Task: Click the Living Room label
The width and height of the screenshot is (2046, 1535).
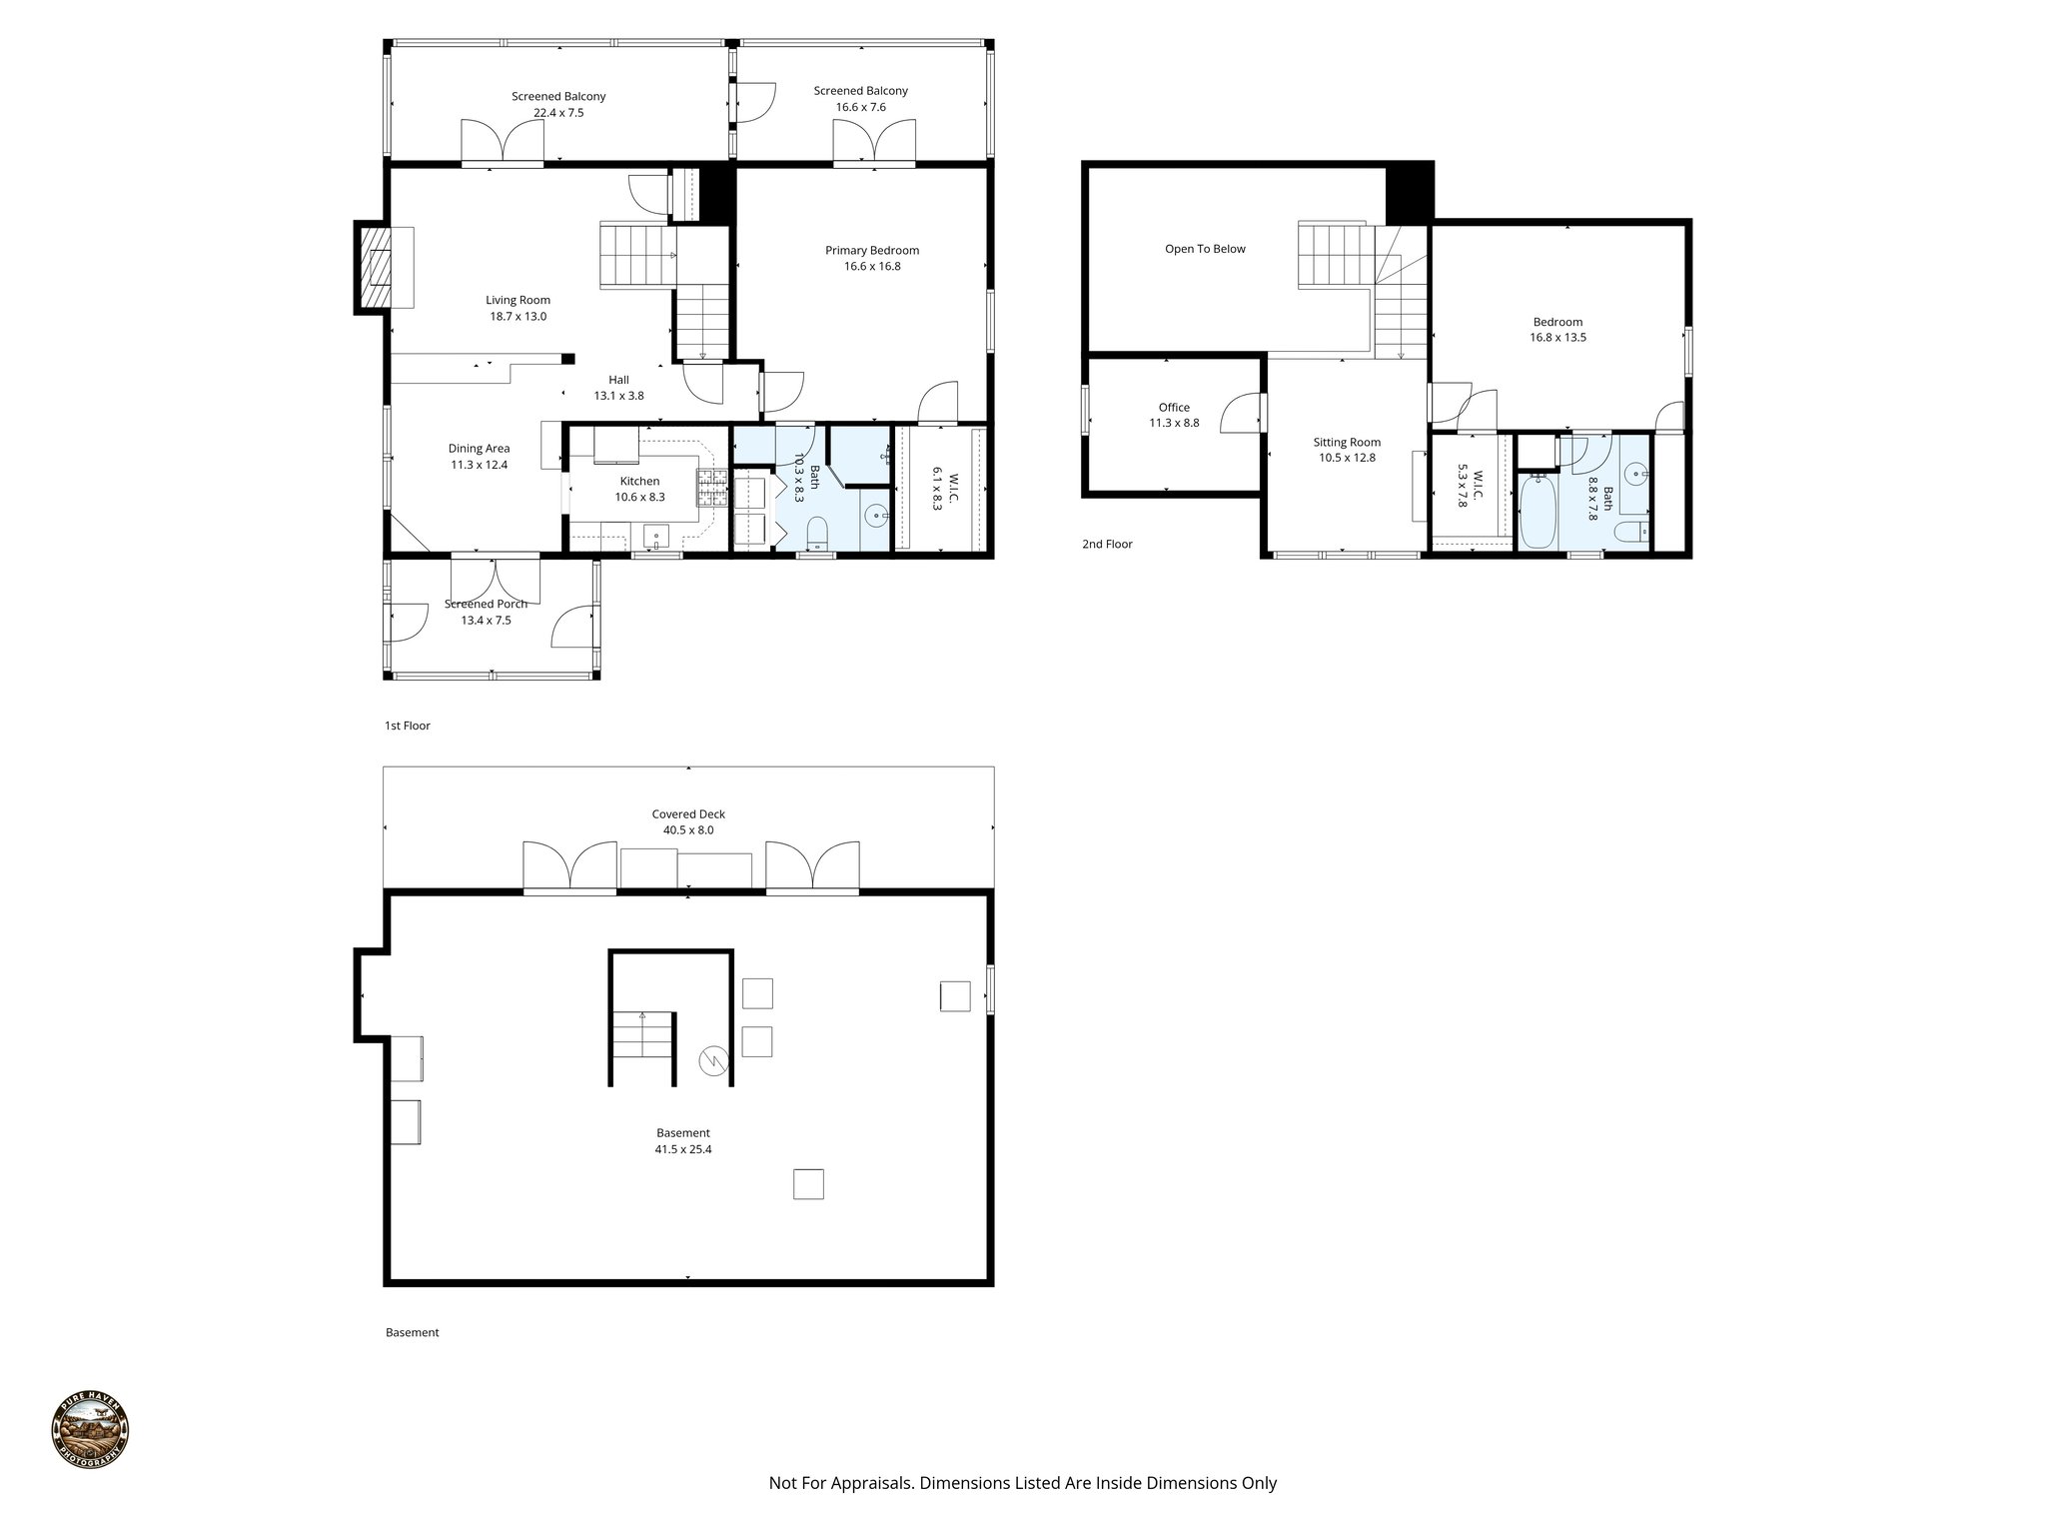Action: tap(517, 300)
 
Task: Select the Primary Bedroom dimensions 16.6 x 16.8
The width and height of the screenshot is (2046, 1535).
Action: tap(871, 267)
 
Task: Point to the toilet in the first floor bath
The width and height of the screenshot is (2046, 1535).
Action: tap(816, 534)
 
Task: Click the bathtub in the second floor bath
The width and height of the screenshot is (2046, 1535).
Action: tap(1536, 512)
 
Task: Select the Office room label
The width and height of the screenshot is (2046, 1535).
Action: tap(1174, 407)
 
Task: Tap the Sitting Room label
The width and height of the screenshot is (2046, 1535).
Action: tap(1347, 442)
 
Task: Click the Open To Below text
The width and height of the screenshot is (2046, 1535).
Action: tap(1205, 249)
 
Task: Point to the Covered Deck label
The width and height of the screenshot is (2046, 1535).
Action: tap(688, 813)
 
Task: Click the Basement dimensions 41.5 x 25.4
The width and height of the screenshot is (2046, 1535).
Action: tap(683, 1149)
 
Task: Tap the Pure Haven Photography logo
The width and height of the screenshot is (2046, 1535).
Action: tap(90, 1430)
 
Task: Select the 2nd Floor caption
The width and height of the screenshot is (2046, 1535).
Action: tap(1107, 545)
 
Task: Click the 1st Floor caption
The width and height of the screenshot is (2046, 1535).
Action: tap(408, 726)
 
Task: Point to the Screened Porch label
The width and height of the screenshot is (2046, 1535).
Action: tap(486, 604)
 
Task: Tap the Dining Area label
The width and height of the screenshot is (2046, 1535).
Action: tap(479, 449)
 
